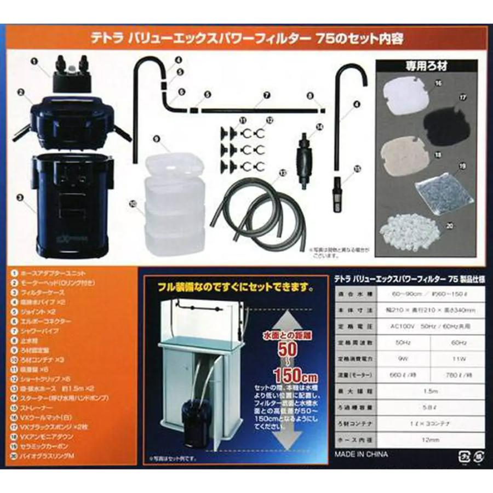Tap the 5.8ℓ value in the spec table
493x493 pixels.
pos(419,407)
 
